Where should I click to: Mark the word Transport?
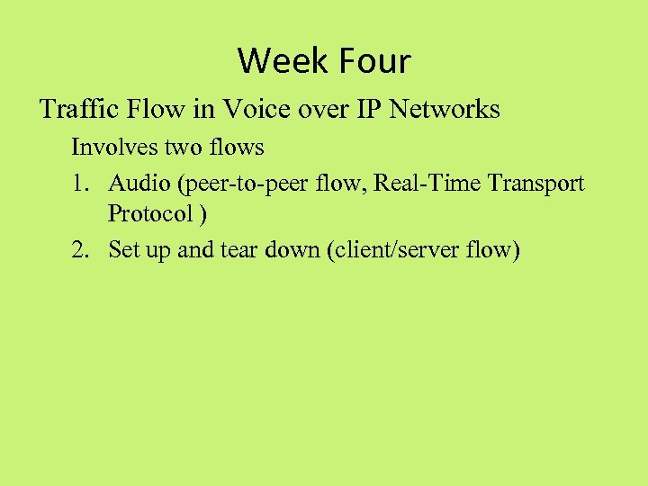[538, 184]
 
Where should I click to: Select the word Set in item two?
[123, 249]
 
